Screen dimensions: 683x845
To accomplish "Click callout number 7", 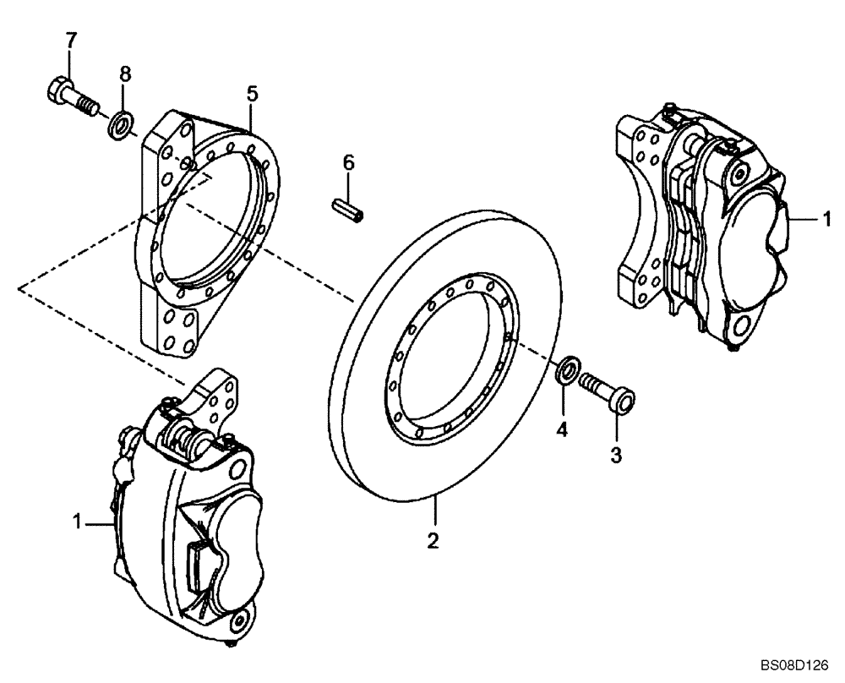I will (71, 39).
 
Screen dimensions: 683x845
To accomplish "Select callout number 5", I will (251, 93).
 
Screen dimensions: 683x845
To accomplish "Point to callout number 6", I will (346, 162).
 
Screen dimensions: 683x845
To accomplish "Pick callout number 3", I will (616, 456).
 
